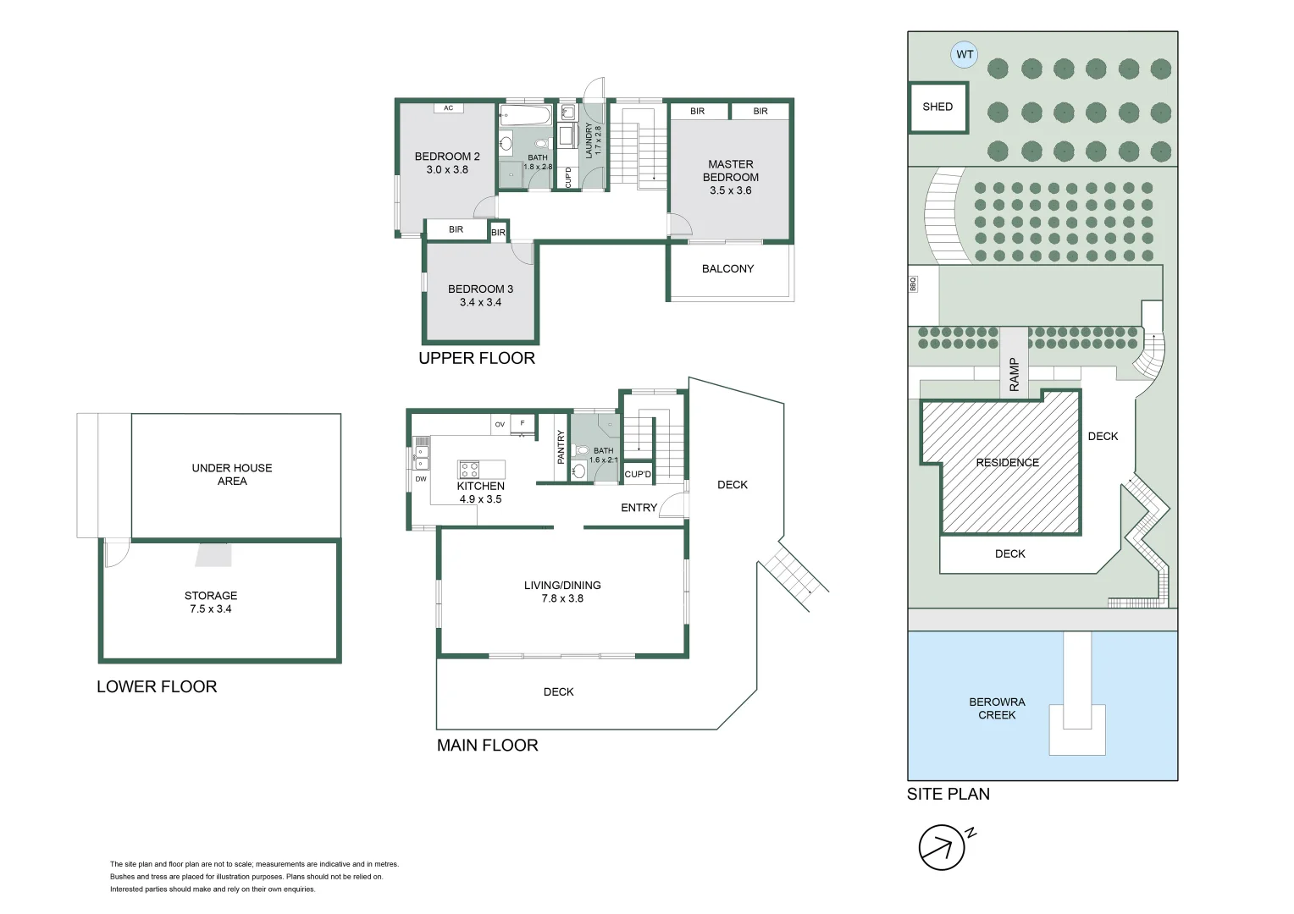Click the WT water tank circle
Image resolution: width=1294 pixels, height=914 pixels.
tap(965, 54)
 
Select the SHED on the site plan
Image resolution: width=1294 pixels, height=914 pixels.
tap(937, 107)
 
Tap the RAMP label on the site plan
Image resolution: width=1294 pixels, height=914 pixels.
tap(1014, 374)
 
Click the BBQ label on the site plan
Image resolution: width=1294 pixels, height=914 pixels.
tap(913, 284)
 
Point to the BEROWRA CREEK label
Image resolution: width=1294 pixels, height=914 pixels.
tap(997, 708)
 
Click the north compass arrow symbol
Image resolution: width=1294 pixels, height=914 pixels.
tap(942, 847)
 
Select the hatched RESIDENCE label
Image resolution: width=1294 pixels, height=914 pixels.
tap(1007, 462)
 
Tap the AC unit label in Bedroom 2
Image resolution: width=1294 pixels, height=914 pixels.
tap(448, 107)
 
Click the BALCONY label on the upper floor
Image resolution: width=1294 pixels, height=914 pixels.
tap(727, 268)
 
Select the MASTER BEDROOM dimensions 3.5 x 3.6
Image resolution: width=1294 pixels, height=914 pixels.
tap(730, 190)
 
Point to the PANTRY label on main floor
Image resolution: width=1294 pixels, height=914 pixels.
tap(561, 447)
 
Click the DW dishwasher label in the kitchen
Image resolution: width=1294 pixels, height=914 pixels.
tap(420, 479)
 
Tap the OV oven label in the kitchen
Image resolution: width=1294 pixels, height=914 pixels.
tap(500, 424)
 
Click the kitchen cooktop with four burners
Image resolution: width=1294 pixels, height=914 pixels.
tap(469, 470)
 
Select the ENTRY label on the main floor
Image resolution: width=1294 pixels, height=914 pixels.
tap(639, 508)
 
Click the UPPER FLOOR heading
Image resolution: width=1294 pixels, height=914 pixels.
tap(476, 358)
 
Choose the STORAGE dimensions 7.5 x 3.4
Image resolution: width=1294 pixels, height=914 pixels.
tap(210, 608)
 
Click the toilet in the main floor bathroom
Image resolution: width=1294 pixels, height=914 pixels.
tap(582, 451)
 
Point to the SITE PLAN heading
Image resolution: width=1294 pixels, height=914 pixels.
tap(948, 794)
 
